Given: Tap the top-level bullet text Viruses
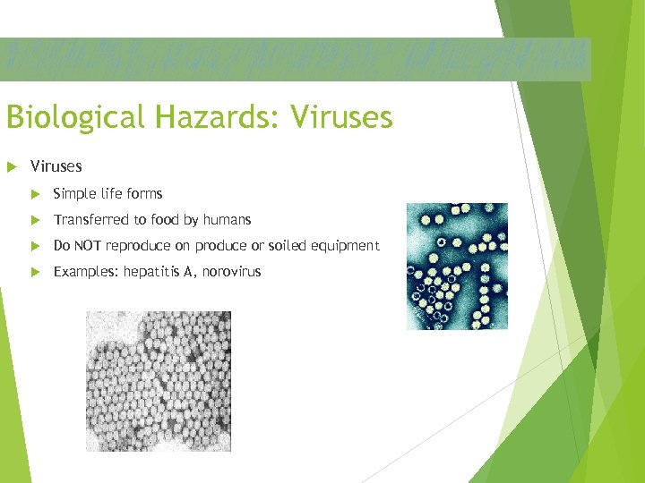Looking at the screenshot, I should [x=56, y=166].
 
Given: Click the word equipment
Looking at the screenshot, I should [x=346, y=246].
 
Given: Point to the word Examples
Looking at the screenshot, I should [x=85, y=272].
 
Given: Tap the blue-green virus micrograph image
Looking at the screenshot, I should [x=457, y=266].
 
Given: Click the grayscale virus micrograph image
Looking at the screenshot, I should [x=158, y=381].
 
